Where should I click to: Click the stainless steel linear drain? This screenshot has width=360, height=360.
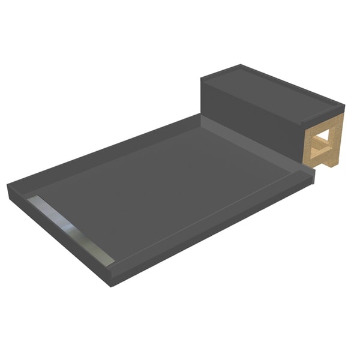[x=71, y=225]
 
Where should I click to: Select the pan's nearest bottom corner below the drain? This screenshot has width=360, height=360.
[x=114, y=282]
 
